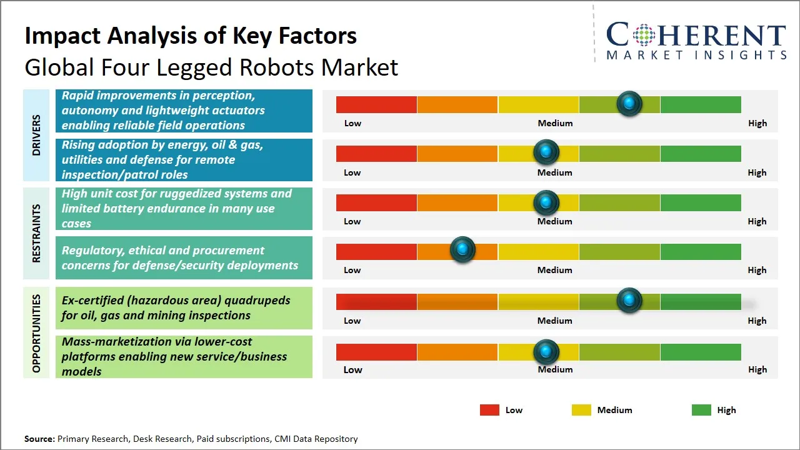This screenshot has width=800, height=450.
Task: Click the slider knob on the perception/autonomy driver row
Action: click(629, 103)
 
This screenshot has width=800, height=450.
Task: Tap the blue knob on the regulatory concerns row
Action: click(462, 250)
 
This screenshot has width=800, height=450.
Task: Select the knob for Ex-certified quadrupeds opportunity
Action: click(629, 301)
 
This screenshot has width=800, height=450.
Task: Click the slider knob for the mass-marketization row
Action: click(546, 352)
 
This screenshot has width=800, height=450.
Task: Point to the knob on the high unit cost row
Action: click(546, 202)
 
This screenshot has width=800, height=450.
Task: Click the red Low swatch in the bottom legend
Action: click(489, 410)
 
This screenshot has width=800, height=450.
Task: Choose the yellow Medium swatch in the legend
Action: click(581, 410)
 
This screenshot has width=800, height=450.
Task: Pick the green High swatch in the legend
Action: click(701, 410)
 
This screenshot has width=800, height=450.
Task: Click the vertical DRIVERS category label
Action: click(36, 135)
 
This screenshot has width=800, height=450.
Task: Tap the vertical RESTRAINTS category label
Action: click(36, 233)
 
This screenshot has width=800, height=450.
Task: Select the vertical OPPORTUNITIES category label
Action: click(36, 333)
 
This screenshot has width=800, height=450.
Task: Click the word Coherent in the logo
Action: click(696, 36)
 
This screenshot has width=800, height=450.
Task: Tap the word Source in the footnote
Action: click(39, 439)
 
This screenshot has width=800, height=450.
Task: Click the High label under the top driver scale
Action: click(757, 123)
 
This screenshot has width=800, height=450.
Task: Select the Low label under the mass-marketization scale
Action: click(352, 369)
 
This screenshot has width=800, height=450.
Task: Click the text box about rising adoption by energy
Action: click(184, 159)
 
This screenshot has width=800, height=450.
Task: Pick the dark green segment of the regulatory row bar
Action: click(701, 251)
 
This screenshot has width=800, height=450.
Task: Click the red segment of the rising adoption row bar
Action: click(376, 153)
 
